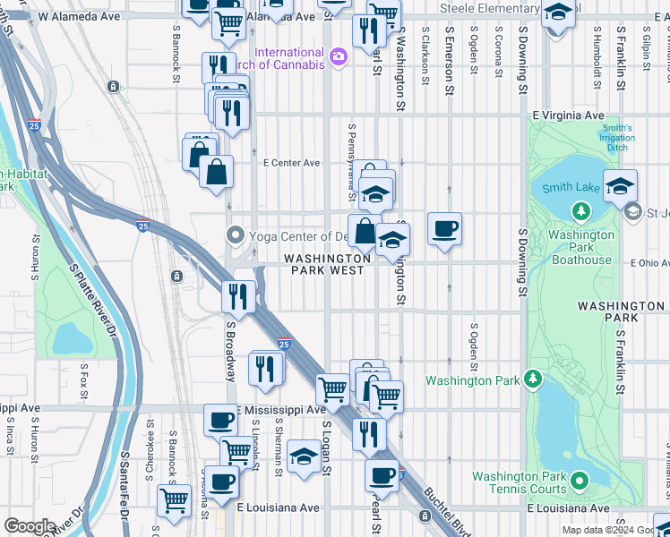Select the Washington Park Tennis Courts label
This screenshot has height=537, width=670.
point(519,482)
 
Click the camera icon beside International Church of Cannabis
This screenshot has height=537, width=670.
point(338,57)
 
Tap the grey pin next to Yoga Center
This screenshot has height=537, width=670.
point(236,236)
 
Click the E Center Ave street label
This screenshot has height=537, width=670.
point(291,163)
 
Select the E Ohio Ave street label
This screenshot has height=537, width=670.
point(649,263)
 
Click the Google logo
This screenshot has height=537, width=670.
point(30,526)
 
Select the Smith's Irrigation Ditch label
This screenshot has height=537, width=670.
point(616,139)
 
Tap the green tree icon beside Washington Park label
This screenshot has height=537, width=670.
point(533,379)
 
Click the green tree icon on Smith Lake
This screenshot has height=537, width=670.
point(581,212)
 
